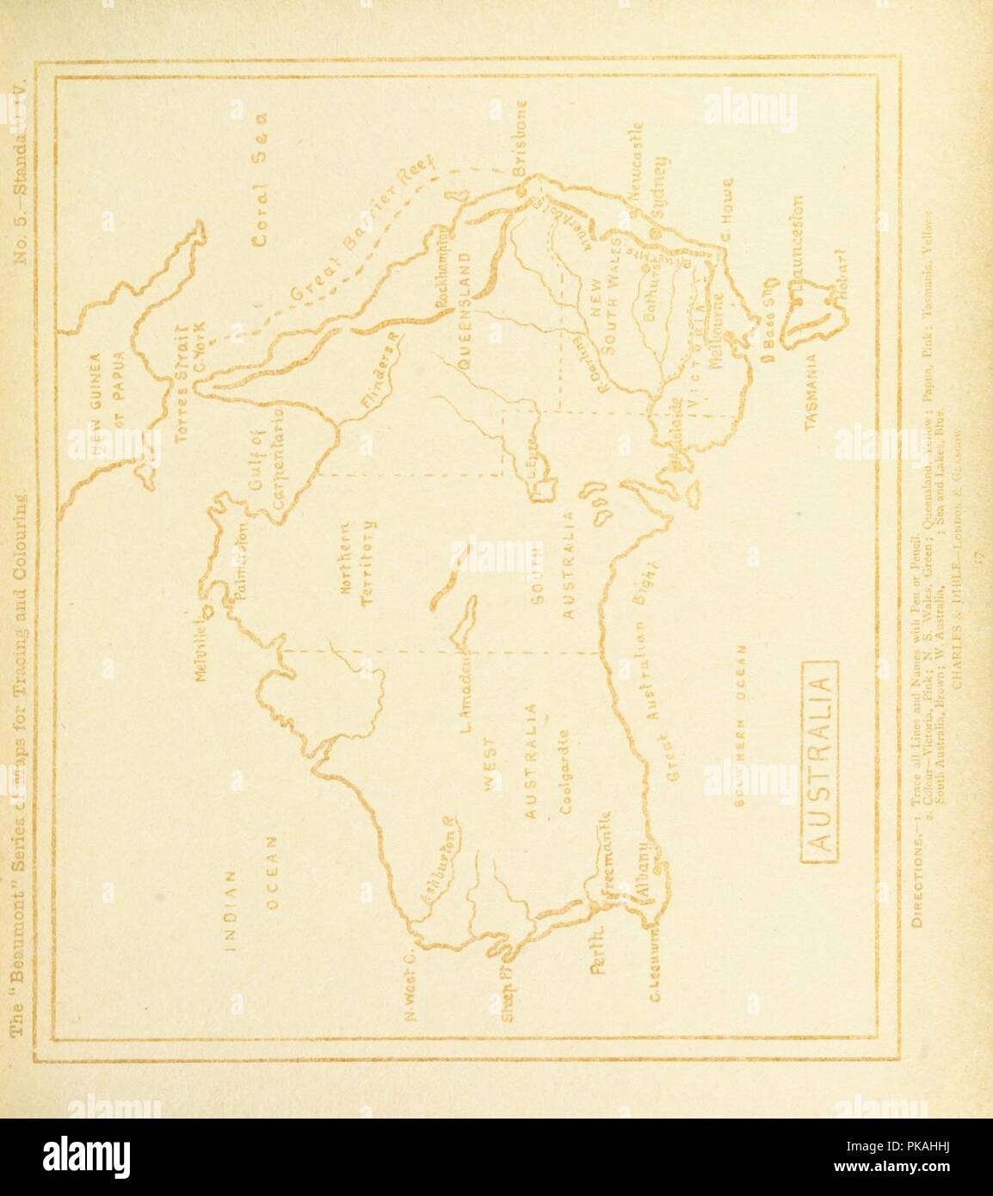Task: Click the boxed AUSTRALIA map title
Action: coord(823,757)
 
